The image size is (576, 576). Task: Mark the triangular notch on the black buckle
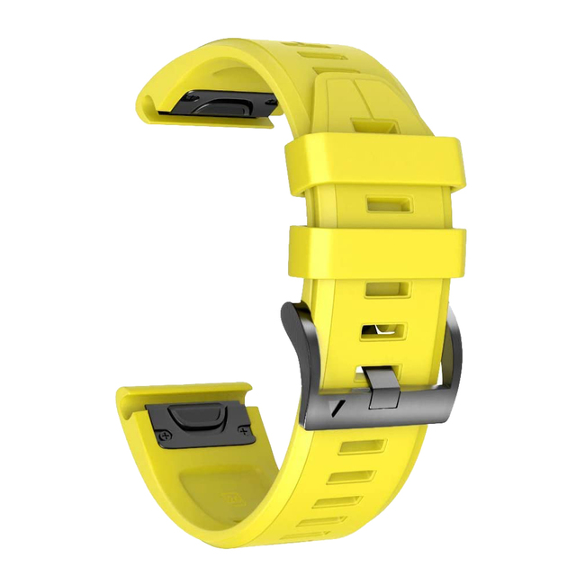tap(335, 407)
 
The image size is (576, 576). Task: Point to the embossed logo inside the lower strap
tap(236, 495)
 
